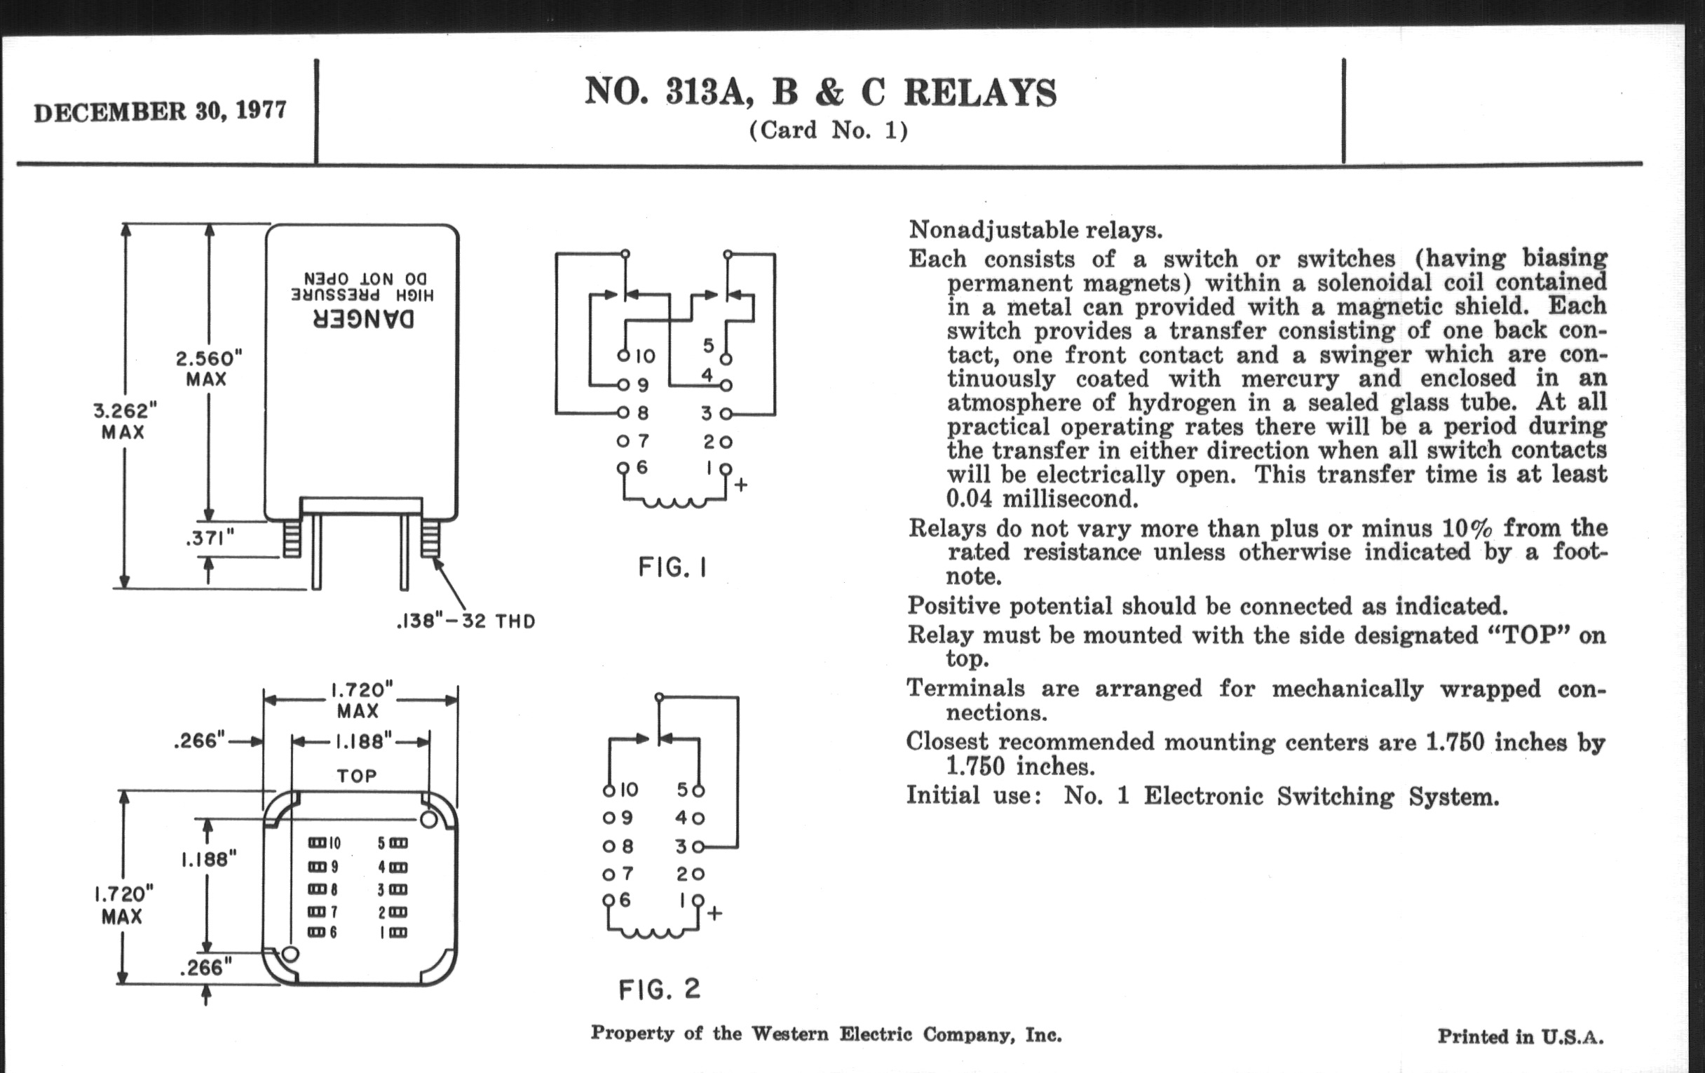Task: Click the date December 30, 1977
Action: tap(160, 112)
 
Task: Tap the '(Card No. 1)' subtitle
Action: tap(828, 130)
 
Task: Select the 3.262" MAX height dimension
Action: tap(124, 420)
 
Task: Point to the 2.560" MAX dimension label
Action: tap(208, 367)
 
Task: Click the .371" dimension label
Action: tap(209, 539)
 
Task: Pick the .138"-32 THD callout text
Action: tap(466, 621)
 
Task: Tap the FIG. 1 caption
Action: tap(672, 567)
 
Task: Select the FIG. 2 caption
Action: tap(659, 989)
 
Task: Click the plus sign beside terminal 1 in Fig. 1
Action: tap(740, 485)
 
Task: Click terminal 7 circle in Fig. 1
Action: tap(623, 441)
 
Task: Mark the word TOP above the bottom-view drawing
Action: tap(357, 776)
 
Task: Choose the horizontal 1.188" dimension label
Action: tap(362, 741)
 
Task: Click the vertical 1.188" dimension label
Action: tap(208, 859)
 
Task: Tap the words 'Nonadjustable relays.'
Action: tap(1035, 229)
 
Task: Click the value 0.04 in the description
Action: tap(970, 499)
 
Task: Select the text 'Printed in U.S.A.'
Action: tap(1519, 1036)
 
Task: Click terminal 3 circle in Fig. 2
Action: tap(698, 846)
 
